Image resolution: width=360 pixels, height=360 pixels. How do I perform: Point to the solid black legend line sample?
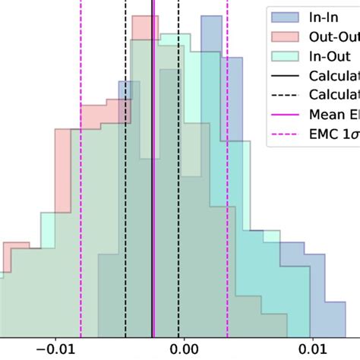tap(285, 75)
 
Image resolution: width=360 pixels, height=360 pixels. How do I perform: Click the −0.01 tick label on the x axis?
tap(53, 349)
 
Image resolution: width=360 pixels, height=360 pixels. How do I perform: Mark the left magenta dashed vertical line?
tap(81, 190)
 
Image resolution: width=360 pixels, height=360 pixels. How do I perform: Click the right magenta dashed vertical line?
tap(226, 190)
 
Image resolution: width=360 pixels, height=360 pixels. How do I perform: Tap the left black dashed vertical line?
tap(125, 190)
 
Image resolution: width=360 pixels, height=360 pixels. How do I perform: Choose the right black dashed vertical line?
tap(178, 190)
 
